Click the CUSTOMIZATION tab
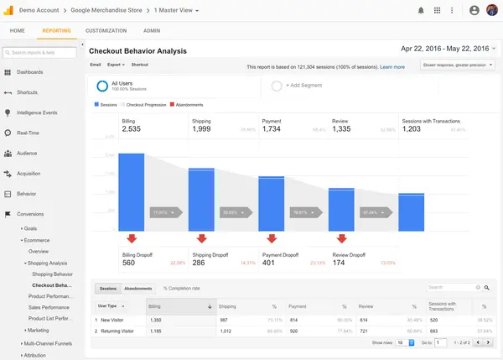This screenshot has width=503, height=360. pyautogui.click(x=106, y=30)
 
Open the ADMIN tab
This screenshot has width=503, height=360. pyautogui.click(x=151, y=30)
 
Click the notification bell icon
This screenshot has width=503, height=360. pyautogui.click(x=421, y=10)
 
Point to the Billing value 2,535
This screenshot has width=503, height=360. pyautogui.click(x=131, y=129)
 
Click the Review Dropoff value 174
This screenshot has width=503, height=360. pyautogui.click(x=340, y=263)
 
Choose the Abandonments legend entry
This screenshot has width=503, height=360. pyautogui.click(x=189, y=105)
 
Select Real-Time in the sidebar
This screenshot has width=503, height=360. pyautogui.click(x=29, y=133)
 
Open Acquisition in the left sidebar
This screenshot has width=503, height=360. pyautogui.click(x=29, y=174)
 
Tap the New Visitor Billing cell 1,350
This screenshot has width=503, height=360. pyautogui.click(x=155, y=320)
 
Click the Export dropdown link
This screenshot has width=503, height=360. pyautogui.click(x=116, y=64)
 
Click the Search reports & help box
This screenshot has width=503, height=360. pyautogui.click(x=44, y=53)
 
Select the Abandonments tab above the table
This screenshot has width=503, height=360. pyautogui.click(x=137, y=288)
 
